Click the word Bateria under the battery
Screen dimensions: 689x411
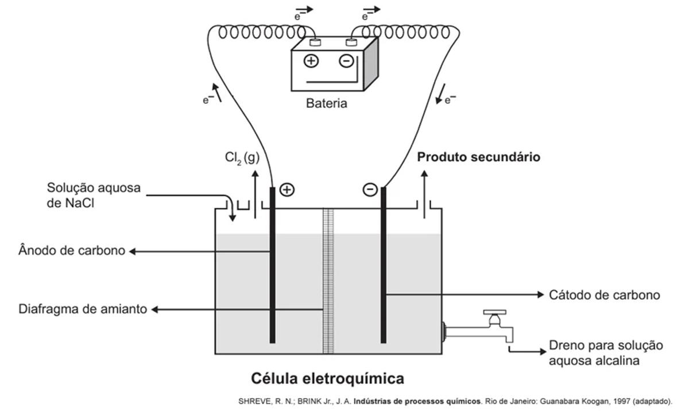pyautogui.click(x=326, y=103)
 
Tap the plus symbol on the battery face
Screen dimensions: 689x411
pyautogui.click(x=311, y=61)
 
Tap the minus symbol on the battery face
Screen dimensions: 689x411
pyautogui.click(x=346, y=61)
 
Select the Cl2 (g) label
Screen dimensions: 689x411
pyautogui.click(x=242, y=158)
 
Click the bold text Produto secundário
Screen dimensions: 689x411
pyautogui.click(x=479, y=157)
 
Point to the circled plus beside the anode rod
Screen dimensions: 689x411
pyautogui.click(x=287, y=189)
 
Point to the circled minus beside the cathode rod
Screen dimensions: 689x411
pyautogui.click(x=370, y=189)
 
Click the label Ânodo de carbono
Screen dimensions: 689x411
pyautogui.click(x=72, y=250)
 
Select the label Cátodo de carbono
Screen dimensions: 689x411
pyautogui.click(x=605, y=295)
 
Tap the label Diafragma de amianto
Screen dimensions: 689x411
pyautogui.click(x=83, y=309)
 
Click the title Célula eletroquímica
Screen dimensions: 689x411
pyautogui.click(x=328, y=378)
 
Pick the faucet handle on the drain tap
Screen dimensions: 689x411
pyautogui.click(x=494, y=312)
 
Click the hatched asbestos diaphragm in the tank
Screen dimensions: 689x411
pyautogui.click(x=328, y=281)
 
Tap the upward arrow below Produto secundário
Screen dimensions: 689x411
pyautogui.click(x=424, y=195)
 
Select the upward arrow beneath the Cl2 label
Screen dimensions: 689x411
pyautogui.click(x=255, y=195)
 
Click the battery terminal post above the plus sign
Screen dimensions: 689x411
pyautogui.click(x=315, y=42)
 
